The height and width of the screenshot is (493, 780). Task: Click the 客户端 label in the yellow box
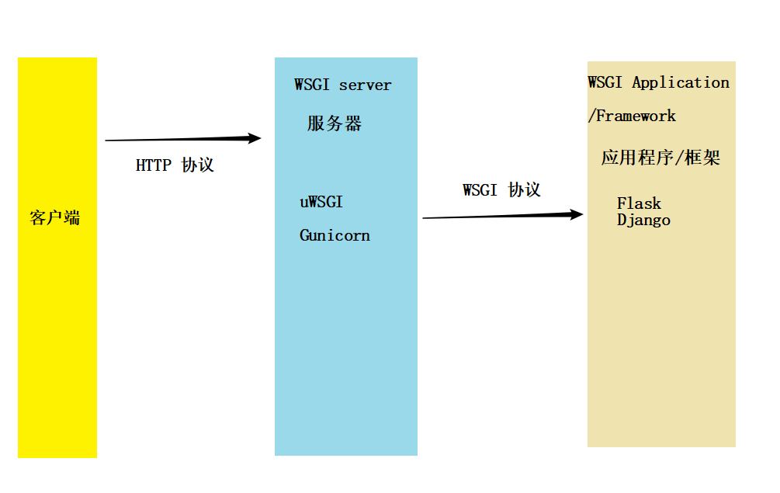[x=54, y=218]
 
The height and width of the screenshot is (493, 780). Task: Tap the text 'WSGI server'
[x=342, y=85]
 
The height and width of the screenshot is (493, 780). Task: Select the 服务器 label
[x=334, y=123]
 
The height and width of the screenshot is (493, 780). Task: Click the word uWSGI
[x=321, y=203]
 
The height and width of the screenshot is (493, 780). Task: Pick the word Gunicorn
[x=335, y=235]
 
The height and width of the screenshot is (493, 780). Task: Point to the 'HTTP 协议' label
[x=175, y=165]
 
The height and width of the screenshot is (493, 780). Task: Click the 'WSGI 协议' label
[x=501, y=190]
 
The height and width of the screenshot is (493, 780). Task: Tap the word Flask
[x=639, y=203]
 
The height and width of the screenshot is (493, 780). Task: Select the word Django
[x=643, y=220]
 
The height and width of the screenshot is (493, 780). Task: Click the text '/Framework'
[x=632, y=116]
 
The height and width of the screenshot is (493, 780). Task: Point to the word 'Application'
[x=681, y=82]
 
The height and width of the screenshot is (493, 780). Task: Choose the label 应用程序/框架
[x=660, y=158]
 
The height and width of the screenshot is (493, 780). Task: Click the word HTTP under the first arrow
[x=154, y=165]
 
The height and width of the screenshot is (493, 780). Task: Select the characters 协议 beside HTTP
[x=197, y=165]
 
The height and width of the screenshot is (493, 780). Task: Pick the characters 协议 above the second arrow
[x=524, y=190]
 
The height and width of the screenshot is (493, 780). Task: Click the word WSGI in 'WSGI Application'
[x=605, y=82]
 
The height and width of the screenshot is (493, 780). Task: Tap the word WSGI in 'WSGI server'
[x=312, y=85]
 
